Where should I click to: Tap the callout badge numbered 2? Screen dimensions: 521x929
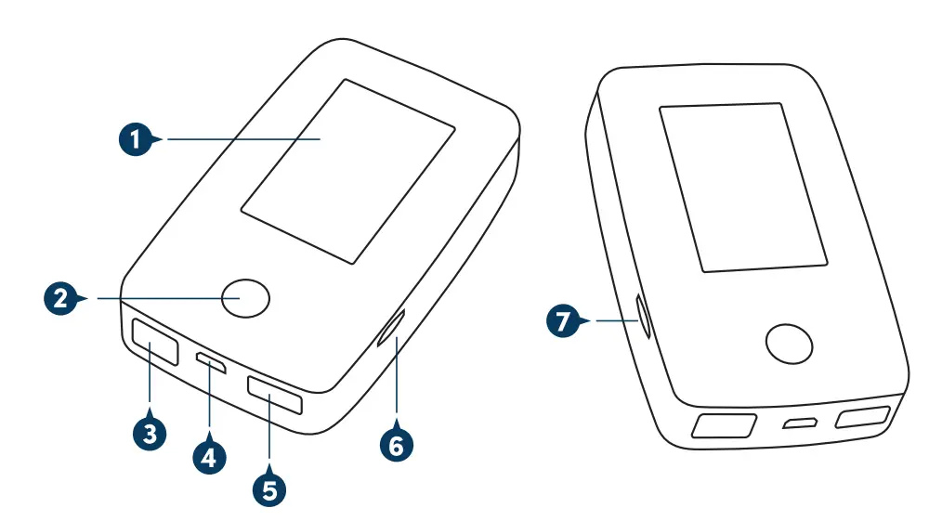click(x=61, y=299)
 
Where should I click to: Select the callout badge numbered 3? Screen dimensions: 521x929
click(x=150, y=433)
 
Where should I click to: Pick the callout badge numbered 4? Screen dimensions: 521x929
click(x=209, y=456)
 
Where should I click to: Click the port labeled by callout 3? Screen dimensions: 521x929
click(x=155, y=342)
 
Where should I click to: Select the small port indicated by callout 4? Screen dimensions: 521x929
click(x=212, y=362)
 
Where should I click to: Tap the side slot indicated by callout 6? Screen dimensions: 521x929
click(x=390, y=329)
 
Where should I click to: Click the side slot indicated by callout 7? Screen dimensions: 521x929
click(x=642, y=316)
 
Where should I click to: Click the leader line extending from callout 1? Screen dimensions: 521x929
click(x=242, y=140)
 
